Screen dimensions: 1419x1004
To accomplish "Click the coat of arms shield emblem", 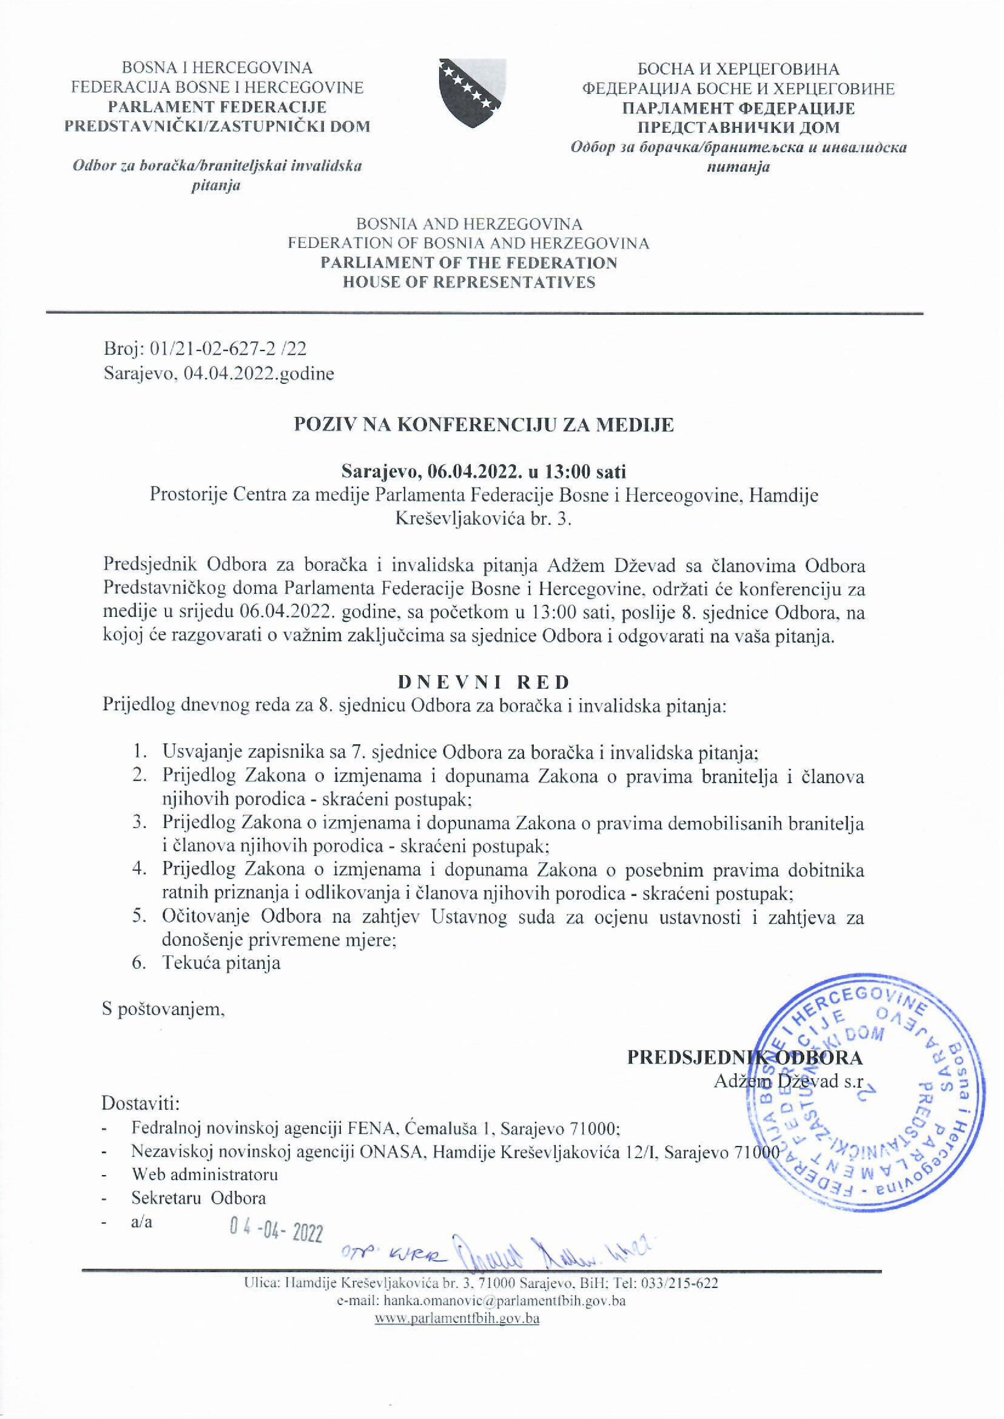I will click(472, 93).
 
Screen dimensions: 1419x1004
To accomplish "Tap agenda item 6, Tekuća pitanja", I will click(221, 963).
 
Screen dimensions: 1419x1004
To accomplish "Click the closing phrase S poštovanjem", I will click(164, 1009).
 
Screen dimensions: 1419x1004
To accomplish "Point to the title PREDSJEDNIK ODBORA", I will click(744, 1057).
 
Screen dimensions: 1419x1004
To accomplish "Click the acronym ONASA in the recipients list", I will click(384, 1151).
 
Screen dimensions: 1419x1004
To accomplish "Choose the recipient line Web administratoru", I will click(205, 1174).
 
